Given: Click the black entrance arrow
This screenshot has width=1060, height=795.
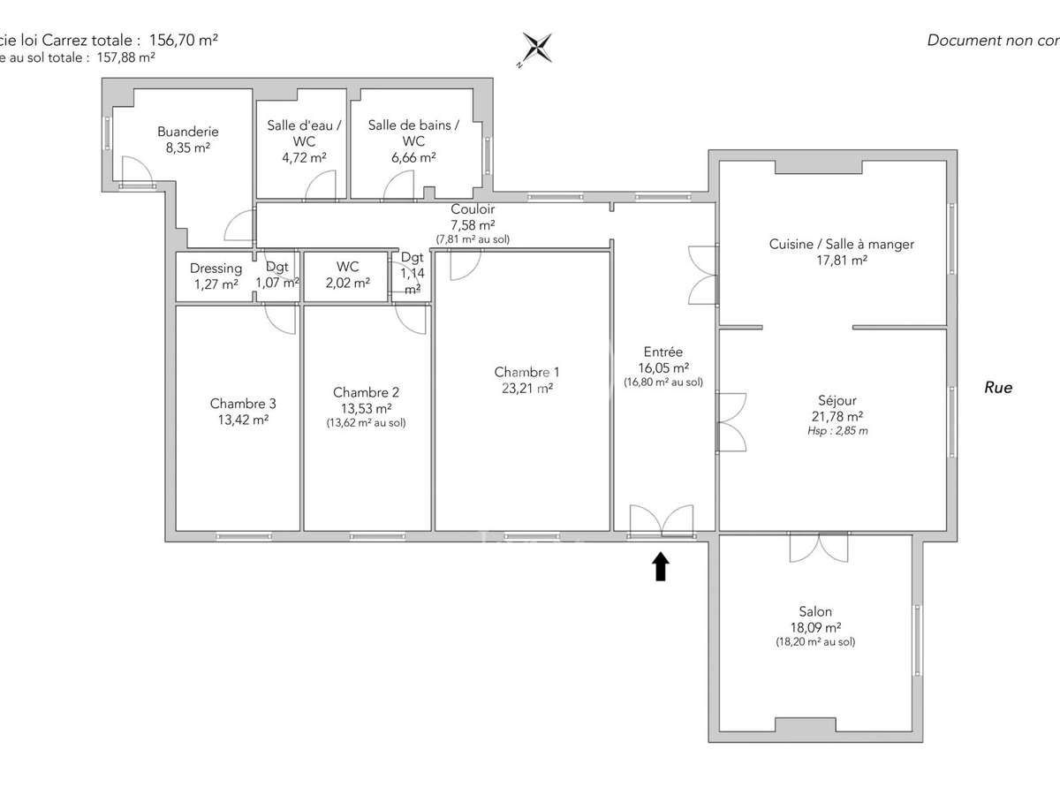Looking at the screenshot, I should click(x=660, y=566).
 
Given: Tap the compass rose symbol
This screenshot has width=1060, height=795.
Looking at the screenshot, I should click(x=536, y=48).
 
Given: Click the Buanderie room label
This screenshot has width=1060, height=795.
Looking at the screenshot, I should click(x=187, y=132).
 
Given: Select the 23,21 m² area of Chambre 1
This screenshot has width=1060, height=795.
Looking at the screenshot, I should click(x=526, y=388).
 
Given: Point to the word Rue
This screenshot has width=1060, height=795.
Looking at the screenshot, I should click(x=998, y=388).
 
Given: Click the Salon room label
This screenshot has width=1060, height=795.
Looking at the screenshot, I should click(x=814, y=611).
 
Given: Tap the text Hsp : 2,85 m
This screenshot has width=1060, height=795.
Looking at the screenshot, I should click(x=837, y=431).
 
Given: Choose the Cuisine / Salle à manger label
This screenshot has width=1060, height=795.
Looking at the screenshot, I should click(x=841, y=245).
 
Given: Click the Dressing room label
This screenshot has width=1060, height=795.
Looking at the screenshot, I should click(x=216, y=269).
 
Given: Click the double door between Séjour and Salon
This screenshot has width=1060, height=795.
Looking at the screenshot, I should click(x=819, y=547).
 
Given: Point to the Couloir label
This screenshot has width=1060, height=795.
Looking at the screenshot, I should click(x=473, y=210).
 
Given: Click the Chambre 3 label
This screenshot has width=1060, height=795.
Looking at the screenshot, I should click(x=243, y=404).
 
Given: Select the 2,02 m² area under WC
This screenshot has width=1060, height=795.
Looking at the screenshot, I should click(x=347, y=284).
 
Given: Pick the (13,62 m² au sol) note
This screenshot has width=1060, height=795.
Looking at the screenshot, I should click(x=366, y=422).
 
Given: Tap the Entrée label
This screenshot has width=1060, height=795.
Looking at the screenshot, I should click(x=663, y=352).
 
